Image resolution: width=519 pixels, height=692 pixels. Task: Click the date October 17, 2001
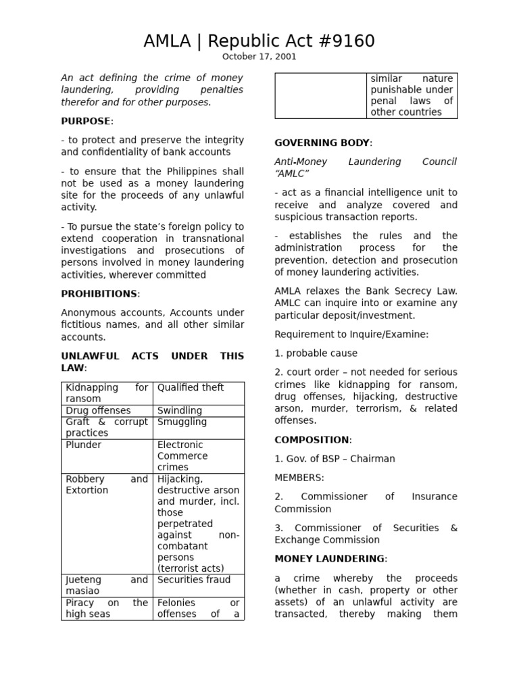point(259,57)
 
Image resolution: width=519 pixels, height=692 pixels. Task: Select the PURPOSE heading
point(86,121)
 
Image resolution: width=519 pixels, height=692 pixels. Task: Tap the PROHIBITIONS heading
point(99,294)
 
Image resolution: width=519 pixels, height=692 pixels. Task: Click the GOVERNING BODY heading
point(322,143)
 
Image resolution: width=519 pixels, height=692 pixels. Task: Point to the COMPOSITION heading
point(312,440)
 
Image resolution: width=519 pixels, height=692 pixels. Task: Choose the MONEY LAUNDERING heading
point(329,559)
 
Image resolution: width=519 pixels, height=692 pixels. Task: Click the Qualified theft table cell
point(191,388)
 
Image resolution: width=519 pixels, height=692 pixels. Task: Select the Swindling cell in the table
point(180,411)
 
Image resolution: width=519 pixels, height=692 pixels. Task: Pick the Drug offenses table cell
point(99,411)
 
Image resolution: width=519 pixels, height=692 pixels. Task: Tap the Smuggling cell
point(182,422)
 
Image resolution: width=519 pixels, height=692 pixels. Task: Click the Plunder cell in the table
point(84,445)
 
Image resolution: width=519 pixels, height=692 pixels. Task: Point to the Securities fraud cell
point(194,580)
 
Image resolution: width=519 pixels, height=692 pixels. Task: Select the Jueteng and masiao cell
point(106,585)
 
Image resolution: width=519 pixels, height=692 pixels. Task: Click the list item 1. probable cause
point(316,353)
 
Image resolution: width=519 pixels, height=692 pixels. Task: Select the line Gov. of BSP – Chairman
point(335,459)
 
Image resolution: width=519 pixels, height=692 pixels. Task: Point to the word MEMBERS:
point(299,478)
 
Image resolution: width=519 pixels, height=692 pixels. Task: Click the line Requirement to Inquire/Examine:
point(351,335)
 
